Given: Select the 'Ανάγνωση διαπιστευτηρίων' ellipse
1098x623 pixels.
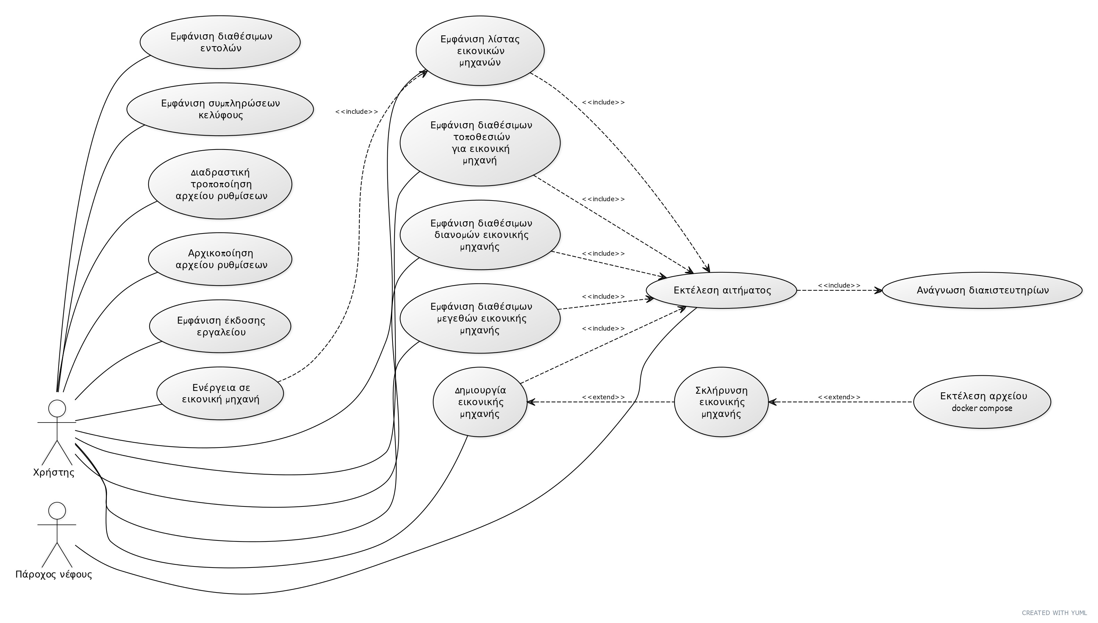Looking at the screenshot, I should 982,290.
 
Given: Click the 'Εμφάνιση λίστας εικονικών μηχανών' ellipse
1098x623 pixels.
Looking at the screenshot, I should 480,51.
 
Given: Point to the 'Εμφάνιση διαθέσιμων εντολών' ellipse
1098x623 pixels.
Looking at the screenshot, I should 220,42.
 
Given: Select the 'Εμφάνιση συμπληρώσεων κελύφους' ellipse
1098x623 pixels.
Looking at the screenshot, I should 220,109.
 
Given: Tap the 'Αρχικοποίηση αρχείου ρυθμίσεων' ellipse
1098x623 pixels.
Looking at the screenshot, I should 220,259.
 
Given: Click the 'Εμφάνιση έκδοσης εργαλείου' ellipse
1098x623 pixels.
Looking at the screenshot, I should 220,326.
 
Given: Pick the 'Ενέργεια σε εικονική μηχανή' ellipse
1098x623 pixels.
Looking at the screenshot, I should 220,393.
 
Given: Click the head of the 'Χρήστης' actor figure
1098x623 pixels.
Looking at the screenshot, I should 57,408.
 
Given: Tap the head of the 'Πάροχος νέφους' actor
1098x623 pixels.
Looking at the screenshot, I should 57,511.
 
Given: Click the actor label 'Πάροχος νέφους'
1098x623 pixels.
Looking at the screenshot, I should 53,574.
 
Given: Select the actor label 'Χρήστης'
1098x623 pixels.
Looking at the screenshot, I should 53,472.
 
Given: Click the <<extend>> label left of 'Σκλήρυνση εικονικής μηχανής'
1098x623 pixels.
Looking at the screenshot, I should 603,397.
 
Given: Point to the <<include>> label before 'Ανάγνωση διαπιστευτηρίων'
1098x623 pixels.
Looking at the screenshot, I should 839,285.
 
